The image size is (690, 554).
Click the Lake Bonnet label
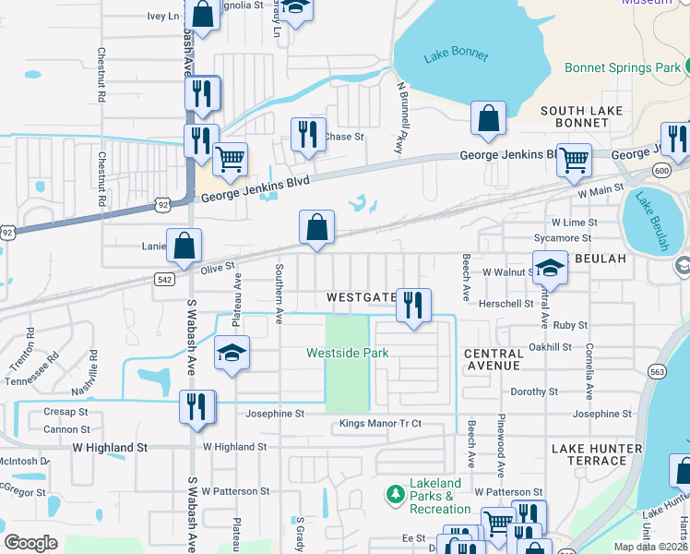[456, 55]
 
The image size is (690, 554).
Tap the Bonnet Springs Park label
[622, 67]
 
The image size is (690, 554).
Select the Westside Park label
[347, 353]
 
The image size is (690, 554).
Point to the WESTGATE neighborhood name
[361, 298]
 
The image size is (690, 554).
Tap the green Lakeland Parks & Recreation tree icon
[396, 495]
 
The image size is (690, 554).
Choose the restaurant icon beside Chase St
[308, 134]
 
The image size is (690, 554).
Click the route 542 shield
[163, 278]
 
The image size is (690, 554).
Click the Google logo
[30, 542]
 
